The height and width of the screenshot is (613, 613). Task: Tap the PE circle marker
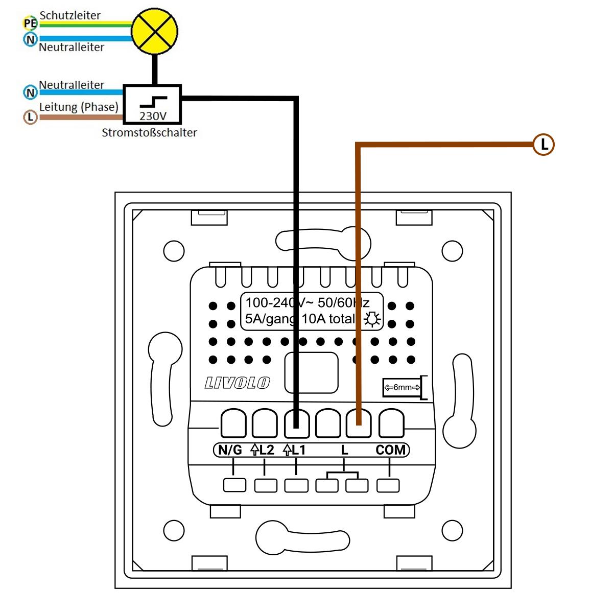pyautogui.click(x=30, y=23)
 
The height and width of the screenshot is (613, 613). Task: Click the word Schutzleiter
pyautogui.click(x=70, y=15)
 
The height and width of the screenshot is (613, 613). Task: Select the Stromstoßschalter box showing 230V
pyautogui.click(x=153, y=104)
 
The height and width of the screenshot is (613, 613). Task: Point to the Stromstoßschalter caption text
pyautogui.click(x=149, y=133)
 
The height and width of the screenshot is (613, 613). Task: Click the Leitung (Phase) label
pyautogui.click(x=79, y=107)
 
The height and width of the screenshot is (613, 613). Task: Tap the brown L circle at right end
pyautogui.click(x=544, y=145)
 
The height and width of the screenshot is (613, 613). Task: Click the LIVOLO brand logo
pyautogui.click(x=237, y=383)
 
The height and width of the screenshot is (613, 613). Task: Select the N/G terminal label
pyautogui.click(x=230, y=450)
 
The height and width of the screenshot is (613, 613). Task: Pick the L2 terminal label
pyautogui.click(x=263, y=450)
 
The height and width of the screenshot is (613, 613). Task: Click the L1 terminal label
pyautogui.click(x=295, y=450)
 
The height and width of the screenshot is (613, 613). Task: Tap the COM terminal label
pyautogui.click(x=391, y=450)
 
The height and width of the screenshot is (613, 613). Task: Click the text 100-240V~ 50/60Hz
pyautogui.click(x=307, y=302)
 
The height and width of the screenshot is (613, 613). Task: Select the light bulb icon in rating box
pyautogui.click(x=372, y=319)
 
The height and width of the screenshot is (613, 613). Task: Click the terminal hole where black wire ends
pyautogui.click(x=297, y=423)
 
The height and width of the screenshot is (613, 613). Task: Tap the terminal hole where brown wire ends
pyautogui.click(x=359, y=423)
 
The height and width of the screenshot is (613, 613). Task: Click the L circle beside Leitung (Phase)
pyautogui.click(x=31, y=117)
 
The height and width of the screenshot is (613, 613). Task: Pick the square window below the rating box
pyautogui.click(x=311, y=372)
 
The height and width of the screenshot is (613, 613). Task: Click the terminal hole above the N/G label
pyautogui.click(x=233, y=423)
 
